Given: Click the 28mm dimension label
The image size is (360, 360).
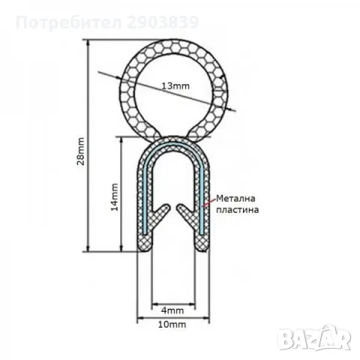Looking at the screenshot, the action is click(x=81, y=151).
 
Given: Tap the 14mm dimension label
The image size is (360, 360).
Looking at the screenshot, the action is click(x=115, y=197).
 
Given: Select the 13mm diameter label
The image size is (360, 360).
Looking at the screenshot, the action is click(x=175, y=86).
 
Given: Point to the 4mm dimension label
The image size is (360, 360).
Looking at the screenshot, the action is click(x=172, y=310).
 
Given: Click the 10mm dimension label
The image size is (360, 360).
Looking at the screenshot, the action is click(x=172, y=325).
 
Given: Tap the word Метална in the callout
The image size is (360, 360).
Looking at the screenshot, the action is click(x=235, y=199).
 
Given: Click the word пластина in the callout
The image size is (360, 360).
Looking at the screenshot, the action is click(x=237, y=210).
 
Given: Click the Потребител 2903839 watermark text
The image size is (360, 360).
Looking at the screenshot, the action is click(x=107, y=22).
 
